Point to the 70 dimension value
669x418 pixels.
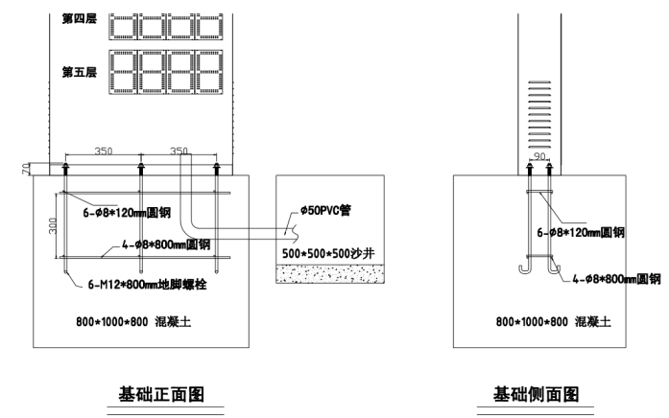24,169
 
